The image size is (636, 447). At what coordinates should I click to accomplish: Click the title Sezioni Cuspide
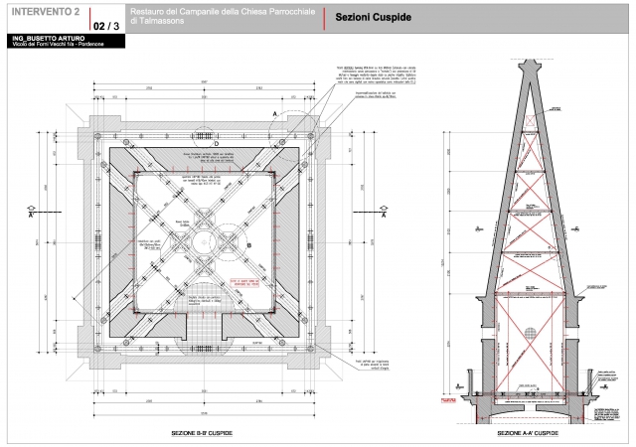tap(373, 19)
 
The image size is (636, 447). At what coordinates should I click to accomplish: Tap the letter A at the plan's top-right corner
tap(275, 114)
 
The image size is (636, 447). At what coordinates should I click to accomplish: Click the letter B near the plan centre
tap(248, 243)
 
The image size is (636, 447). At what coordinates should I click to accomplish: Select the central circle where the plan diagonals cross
tap(203, 237)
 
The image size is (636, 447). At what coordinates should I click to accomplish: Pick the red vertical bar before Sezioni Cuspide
tap(325, 19)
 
